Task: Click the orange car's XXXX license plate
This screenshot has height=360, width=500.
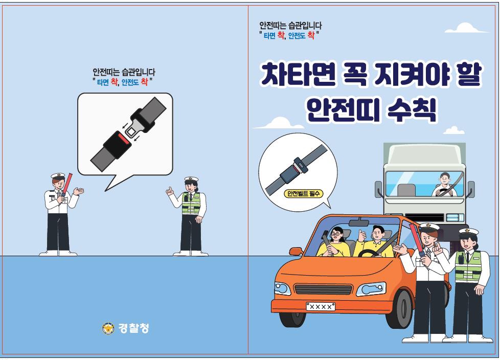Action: point(321,306)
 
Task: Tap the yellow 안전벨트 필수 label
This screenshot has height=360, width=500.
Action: point(303,194)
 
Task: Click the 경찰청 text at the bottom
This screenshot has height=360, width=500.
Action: point(133,328)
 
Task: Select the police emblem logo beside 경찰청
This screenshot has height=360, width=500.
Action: point(108,328)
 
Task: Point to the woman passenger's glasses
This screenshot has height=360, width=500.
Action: point(336,234)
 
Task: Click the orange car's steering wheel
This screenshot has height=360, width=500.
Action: point(370,253)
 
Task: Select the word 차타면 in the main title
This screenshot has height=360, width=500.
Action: point(298,74)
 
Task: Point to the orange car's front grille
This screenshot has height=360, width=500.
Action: point(323,290)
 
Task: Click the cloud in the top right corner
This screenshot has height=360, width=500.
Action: point(466,28)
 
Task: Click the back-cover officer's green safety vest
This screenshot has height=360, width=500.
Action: point(191,204)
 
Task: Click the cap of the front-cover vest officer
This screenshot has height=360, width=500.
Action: point(468,232)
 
